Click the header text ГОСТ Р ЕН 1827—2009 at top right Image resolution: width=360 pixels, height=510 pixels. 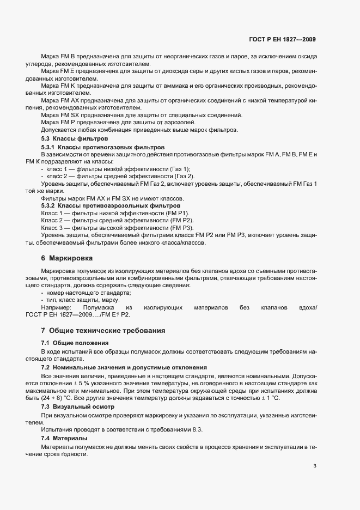click(281, 39)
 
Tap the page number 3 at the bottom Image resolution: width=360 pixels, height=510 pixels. click(315, 465)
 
